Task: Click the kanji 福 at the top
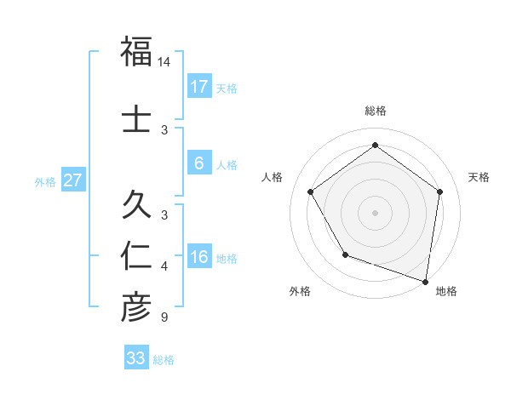point(136,52)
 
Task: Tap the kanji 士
point(136,119)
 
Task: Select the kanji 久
point(136,206)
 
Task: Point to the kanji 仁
point(136,258)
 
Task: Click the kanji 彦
point(136,307)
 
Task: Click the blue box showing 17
point(198,87)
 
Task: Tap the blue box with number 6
point(198,164)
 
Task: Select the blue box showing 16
point(198,258)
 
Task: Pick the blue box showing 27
point(72,180)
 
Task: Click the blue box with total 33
point(135,358)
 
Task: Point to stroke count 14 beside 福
point(164,63)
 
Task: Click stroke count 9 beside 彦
point(164,318)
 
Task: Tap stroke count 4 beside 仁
point(164,267)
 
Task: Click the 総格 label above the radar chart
point(375,111)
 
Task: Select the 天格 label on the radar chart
point(479,177)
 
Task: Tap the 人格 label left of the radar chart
point(273,177)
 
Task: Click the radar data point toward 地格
point(426,281)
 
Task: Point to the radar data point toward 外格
point(345,254)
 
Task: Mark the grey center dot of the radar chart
point(375,212)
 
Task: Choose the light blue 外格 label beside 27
point(44,181)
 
